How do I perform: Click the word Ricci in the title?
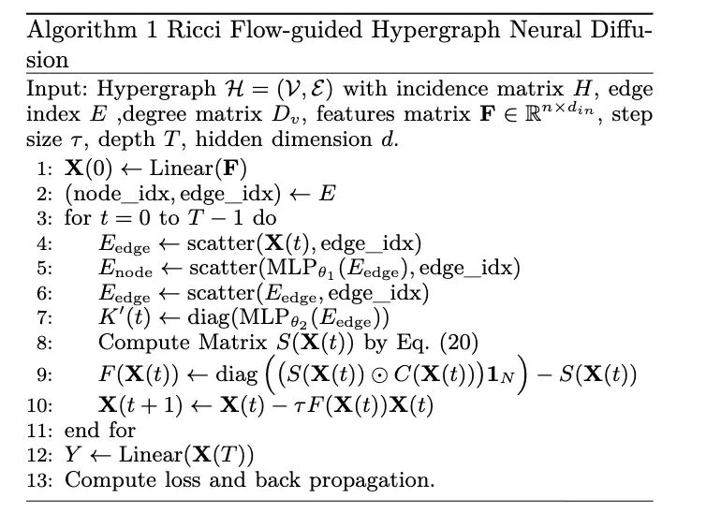point(194,30)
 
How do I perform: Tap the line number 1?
point(45,169)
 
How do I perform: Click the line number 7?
point(45,317)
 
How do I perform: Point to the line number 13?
point(39,480)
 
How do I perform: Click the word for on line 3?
point(78,218)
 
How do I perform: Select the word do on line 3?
point(264,218)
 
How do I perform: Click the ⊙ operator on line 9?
point(379,375)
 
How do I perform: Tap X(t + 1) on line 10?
point(141,405)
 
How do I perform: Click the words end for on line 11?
point(100,430)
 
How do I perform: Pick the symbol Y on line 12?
point(73,454)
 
